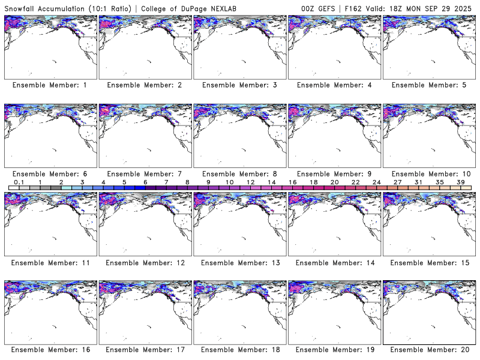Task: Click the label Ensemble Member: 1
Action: (x=50, y=85)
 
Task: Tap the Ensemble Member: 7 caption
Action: (x=144, y=174)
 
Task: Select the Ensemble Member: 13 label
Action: (x=239, y=262)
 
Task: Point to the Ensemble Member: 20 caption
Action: (x=428, y=350)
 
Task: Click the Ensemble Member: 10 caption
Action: (x=428, y=174)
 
